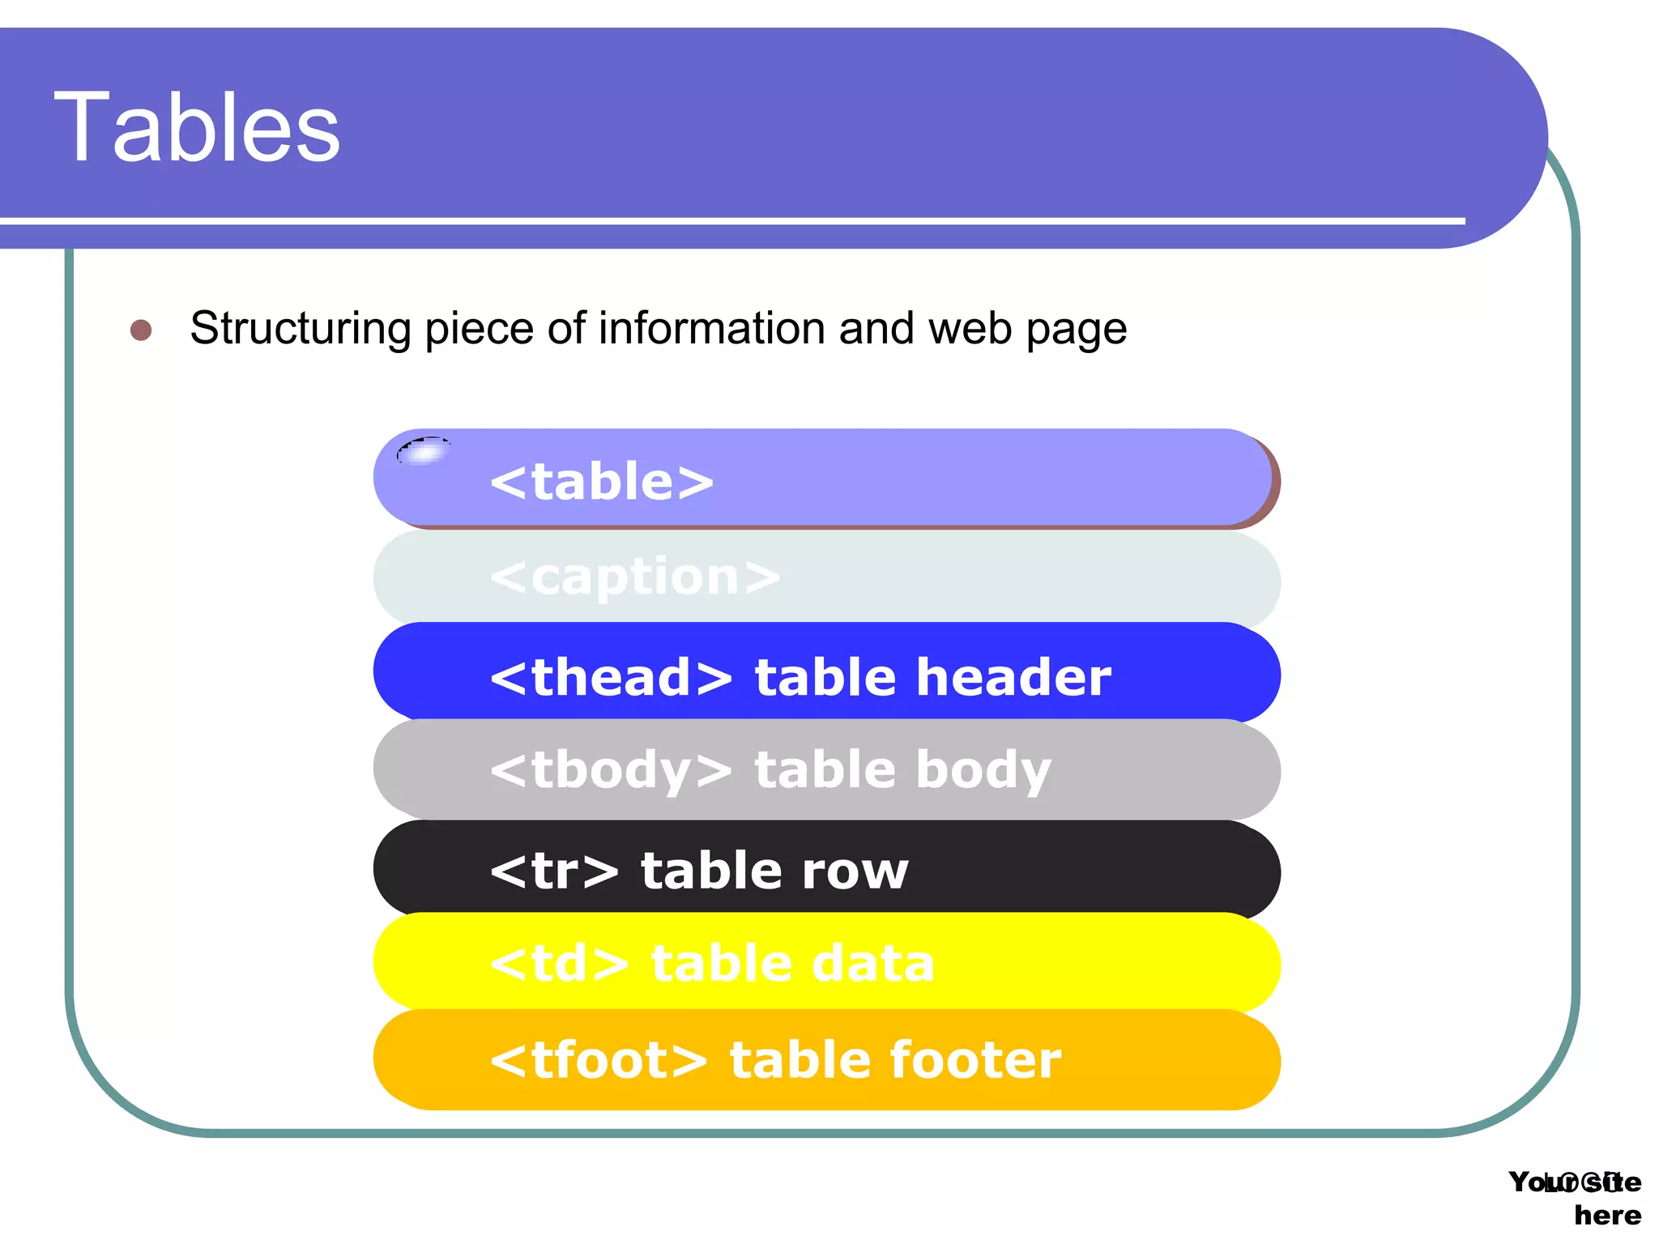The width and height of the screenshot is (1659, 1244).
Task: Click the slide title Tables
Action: click(197, 128)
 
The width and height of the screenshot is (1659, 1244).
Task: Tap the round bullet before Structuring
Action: click(141, 330)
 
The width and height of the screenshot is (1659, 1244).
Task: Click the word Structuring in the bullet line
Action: click(301, 330)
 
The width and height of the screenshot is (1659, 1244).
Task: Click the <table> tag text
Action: click(602, 482)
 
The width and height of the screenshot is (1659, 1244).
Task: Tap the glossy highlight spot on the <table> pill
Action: click(424, 451)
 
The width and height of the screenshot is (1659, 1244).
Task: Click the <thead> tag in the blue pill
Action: click(612, 677)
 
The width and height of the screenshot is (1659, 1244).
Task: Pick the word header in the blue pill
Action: click(1013, 677)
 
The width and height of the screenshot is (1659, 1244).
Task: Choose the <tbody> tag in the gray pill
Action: click(612, 770)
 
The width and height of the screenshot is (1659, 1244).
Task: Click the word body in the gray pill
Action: click(983, 770)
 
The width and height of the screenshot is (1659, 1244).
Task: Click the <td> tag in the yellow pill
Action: click(560, 964)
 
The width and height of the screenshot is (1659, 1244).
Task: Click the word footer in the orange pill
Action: click(975, 1059)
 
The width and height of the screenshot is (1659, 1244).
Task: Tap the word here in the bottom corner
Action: click(1607, 1216)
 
